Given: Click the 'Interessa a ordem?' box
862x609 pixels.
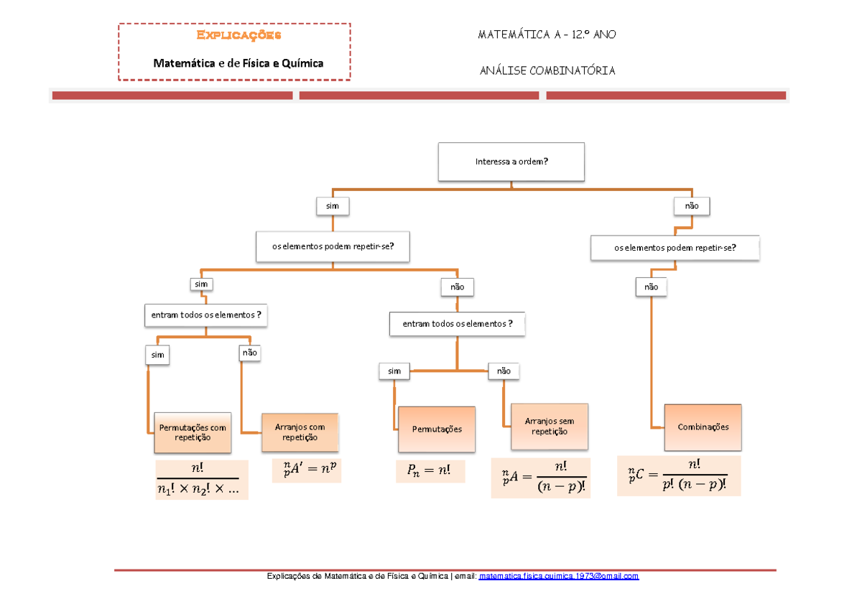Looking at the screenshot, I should click(x=511, y=162).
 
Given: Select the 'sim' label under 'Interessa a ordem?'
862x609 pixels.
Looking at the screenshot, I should click(x=332, y=206).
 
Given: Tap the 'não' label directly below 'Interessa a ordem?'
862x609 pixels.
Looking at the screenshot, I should click(x=691, y=206).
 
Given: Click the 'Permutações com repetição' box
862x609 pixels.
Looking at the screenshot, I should click(x=193, y=432).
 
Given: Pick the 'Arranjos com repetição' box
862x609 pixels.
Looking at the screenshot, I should click(x=300, y=432).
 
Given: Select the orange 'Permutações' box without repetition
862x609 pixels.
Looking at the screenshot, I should click(x=437, y=429).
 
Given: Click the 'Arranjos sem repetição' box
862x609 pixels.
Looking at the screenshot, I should click(x=550, y=427).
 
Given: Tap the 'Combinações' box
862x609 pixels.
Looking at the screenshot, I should click(x=703, y=427).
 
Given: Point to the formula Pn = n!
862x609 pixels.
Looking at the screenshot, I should click(x=430, y=472).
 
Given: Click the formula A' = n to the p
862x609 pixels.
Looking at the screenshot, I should click(x=307, y=470).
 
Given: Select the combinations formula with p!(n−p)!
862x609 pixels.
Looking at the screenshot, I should click(x=679, y=475).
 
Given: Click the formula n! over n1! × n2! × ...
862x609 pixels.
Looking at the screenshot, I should click(x=201, y=480).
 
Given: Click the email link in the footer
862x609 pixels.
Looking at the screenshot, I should click(x=558, y=577).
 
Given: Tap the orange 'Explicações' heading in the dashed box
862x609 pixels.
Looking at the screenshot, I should click(x=238, y=34).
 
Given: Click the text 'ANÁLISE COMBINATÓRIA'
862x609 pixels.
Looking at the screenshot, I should click(x=546, y=70).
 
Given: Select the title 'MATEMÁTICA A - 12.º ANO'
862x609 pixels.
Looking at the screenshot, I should click(x=546, y=34).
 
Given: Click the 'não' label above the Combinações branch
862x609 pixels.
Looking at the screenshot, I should click(x=651, y=287).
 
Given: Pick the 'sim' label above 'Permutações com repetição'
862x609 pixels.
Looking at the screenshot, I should click(x=158, y=355).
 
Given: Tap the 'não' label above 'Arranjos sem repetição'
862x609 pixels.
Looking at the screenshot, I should click(x=504, y=371).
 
